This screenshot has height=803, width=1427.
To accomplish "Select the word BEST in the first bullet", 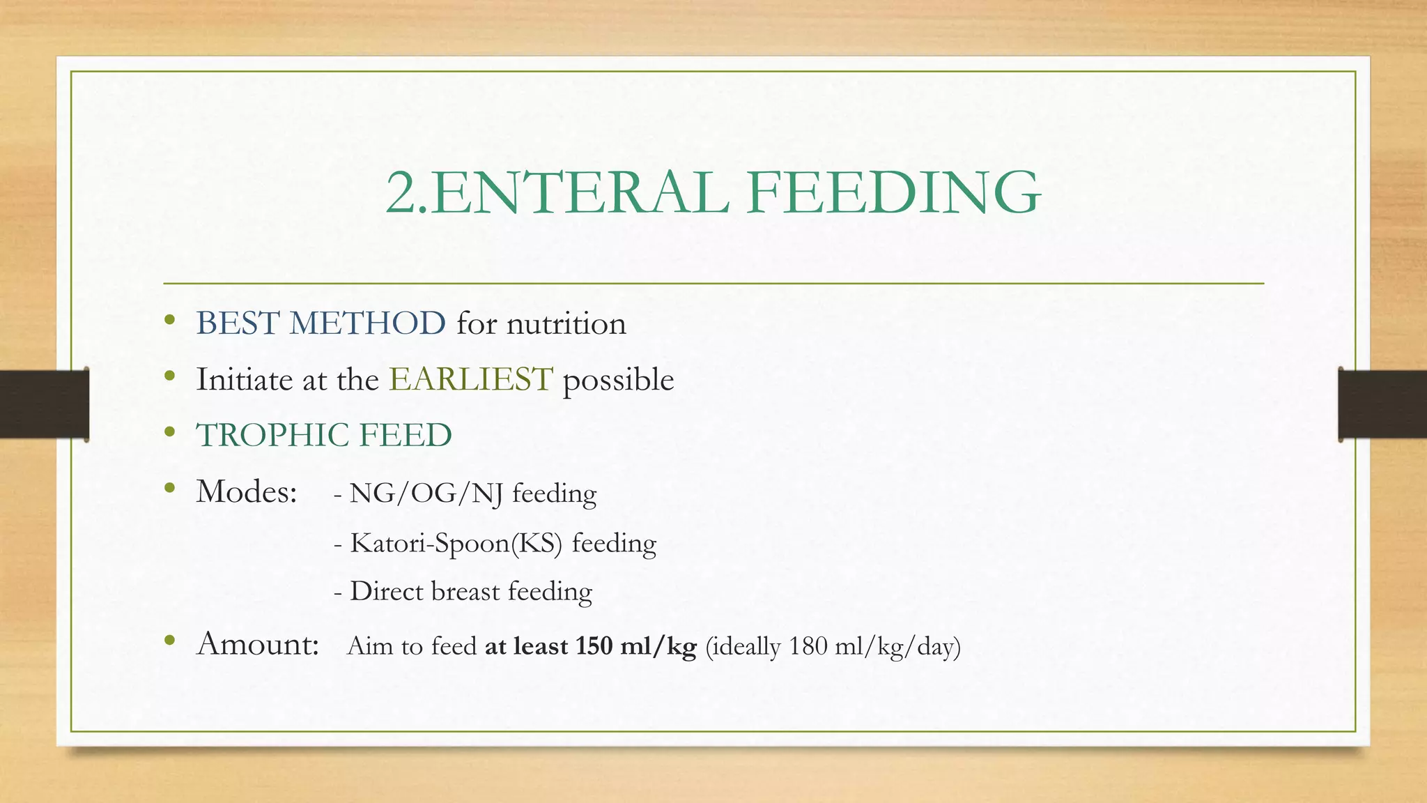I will point(238,324).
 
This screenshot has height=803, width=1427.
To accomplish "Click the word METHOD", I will point(367,324).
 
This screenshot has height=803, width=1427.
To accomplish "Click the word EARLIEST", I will point(471,380).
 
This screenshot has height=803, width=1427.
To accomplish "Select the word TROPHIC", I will point(272,436).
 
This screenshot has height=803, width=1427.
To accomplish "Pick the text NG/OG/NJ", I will point(426,494).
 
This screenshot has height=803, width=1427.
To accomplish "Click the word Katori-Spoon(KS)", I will point(456,544).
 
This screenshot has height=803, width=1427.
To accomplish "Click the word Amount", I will point(257,644).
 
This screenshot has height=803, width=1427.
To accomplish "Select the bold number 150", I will point(594,647).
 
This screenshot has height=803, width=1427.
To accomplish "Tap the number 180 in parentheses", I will point(808,647).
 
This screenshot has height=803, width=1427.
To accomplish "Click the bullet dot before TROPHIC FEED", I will point(169,433).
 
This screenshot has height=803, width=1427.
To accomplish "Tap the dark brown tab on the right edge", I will point(1382,404).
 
